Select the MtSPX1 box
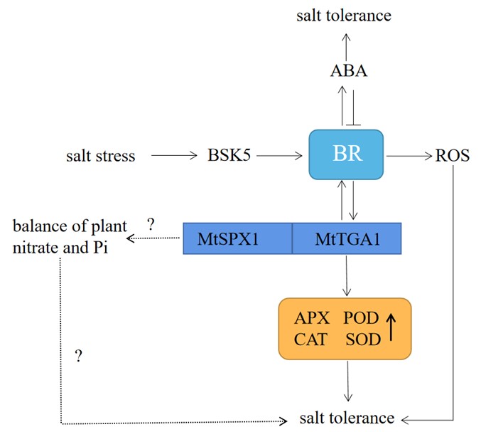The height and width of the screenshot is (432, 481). (238, 238)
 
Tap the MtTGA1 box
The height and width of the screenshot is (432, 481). (347, 238)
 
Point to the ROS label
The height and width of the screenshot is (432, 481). (452, 155)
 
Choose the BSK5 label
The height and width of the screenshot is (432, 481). (229, 155)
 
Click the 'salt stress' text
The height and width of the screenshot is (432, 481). (100, 155)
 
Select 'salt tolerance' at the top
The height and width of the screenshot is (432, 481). (344, 14)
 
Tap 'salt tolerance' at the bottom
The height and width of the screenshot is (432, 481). (347, 418)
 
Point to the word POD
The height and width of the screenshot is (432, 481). (362, 318)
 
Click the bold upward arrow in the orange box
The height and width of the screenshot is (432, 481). (390, 328)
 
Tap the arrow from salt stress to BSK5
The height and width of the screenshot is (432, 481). (173, 154)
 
